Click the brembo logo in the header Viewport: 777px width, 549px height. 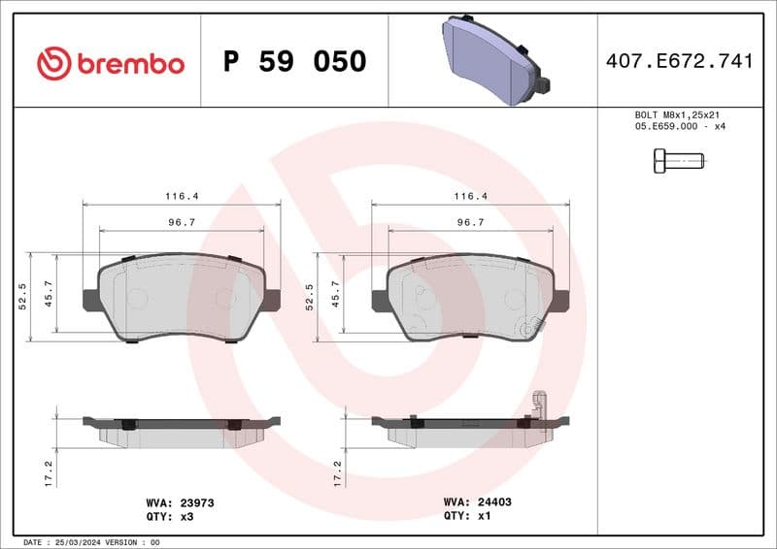(110, 62)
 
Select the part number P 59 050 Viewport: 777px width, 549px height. (294, 62)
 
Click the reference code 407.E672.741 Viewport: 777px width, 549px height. (679, 62)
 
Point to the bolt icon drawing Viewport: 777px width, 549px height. (677, 160)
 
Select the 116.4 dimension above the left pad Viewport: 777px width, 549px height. (182, 196)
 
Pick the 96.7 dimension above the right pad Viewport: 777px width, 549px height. (470, 222)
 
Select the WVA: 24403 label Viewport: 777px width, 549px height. (477, 503)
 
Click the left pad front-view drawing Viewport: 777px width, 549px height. (182, 298)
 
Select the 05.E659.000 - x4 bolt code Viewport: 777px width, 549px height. (680, 126)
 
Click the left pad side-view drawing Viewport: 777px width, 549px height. (182, 432)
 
